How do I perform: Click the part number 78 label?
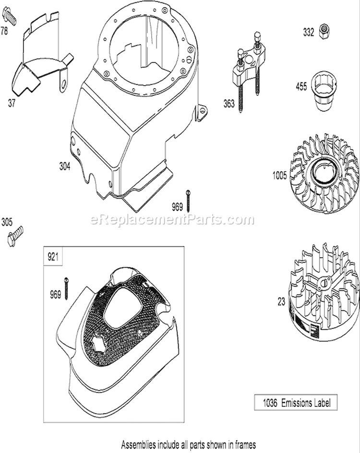coord(4,31)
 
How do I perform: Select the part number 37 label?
coord(11,103)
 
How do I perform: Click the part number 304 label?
coord(65,167)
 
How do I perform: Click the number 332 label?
coord(308,32)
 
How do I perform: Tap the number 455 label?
coord(301,86)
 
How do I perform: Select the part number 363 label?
coord(229,104)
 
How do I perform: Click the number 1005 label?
coord(280,175)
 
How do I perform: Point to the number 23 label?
coord(281,302)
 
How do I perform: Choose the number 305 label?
coord(7,222)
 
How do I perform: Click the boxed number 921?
coord(53,257)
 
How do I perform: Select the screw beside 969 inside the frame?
coord(66,288)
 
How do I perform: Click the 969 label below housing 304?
coord(177,207)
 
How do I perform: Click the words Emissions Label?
coord(306,403)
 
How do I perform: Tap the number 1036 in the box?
coord(270,403)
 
